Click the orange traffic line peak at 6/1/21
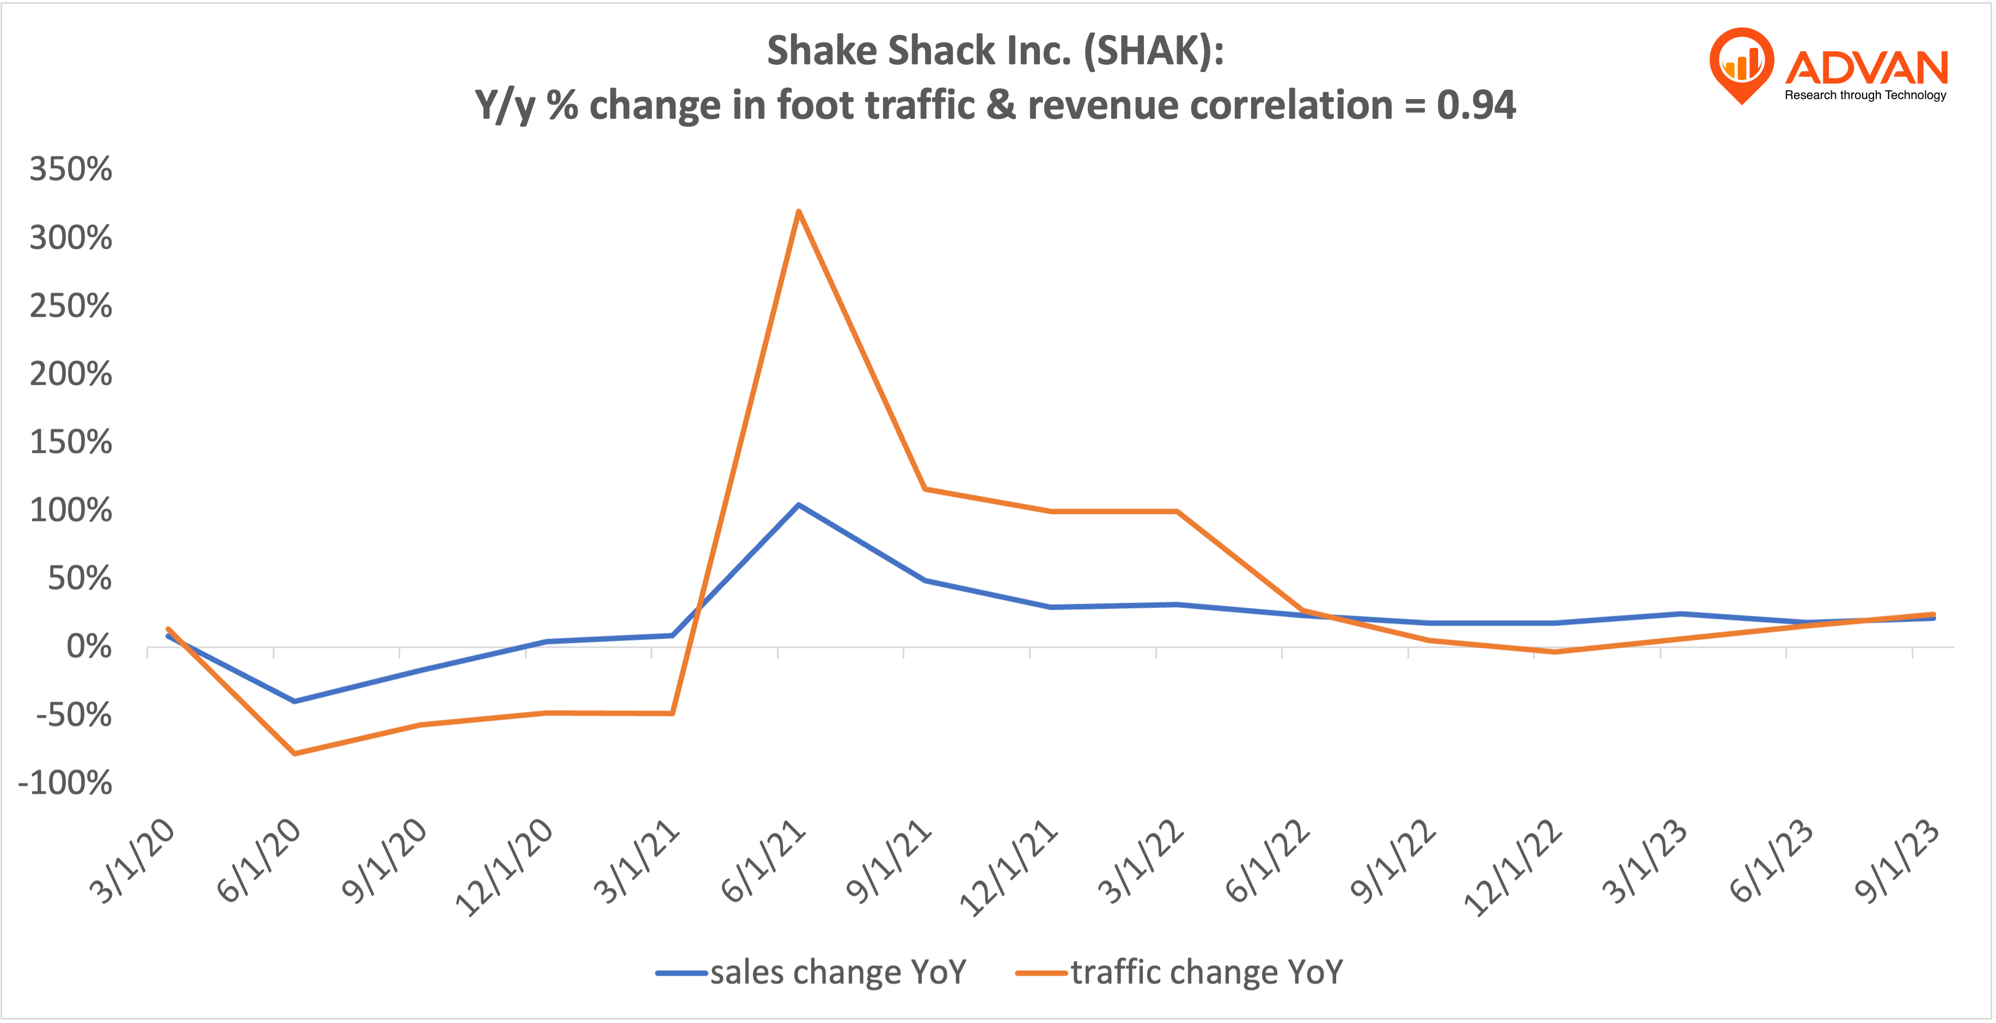coord(798,212)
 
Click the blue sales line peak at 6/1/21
coord(798,505)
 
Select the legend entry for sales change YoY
coord(812,972)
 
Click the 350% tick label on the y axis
coord(71,169)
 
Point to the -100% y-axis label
coord(65,783)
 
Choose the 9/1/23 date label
coord(1897,862)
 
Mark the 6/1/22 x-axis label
coord(1268,862)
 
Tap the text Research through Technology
coord(1865,95)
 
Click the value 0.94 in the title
coord(1475,106)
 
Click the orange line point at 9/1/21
coord(925,489)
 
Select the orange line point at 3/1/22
coord(1177,512)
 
